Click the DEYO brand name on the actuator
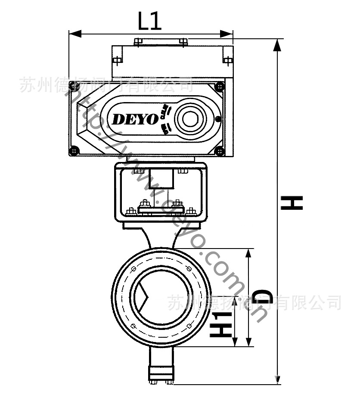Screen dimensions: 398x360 135,119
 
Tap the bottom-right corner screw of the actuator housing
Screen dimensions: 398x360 220,151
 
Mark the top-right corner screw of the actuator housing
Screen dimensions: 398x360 220,86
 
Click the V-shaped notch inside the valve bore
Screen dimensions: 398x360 144,297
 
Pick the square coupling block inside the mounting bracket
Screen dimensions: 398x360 163,179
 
